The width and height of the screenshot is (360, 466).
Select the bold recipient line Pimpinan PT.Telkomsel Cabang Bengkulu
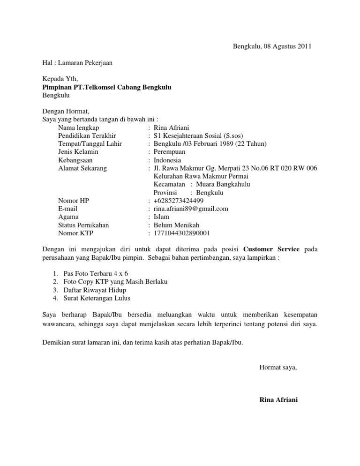(107, 87)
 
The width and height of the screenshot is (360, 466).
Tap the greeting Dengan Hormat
(66, 112)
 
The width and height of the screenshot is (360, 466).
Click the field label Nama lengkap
(79, 128)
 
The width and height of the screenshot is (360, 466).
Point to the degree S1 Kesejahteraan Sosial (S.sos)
(198, 135)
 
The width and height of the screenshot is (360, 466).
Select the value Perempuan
(169, 152)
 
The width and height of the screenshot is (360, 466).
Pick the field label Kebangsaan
(75, 160)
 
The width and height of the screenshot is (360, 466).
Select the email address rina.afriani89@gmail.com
(191, 209)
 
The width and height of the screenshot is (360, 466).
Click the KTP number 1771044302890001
(181, 233)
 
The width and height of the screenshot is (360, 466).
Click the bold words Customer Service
(271, 249)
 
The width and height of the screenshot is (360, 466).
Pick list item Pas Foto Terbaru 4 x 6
(96, 273)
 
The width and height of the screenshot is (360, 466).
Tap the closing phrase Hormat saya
(278, 368)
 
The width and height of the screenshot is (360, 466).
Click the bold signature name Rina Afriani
(278, 400)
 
